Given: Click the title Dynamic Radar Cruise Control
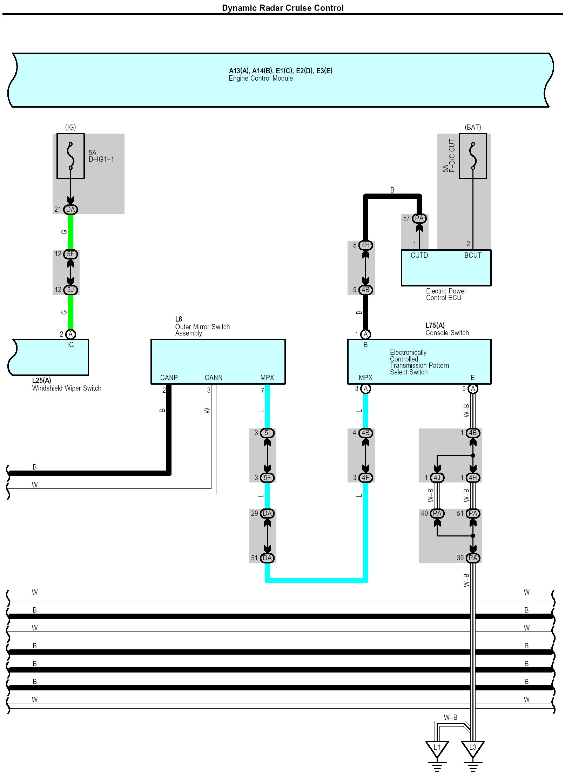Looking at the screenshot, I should click(x=283, y=8).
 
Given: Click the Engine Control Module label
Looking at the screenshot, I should click(x=261, y=78).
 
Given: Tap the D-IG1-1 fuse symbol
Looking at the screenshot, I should click(x=70, y=156).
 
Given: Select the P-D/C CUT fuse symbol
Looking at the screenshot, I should click(x=473, y=156).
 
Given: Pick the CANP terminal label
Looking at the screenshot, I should click(x=169, y=378).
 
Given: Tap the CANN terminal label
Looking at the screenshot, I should click(x=214, y=378).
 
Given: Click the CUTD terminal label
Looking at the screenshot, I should click(x=419, y=255).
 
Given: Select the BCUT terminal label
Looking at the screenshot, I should click(x=473, y=255).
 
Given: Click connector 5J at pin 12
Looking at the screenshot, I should click(x=70, y=290).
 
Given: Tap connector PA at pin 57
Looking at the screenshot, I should click(x=419, y=218).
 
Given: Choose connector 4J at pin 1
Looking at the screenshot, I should click(x=437, y=478).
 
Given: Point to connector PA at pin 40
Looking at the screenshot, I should click(x=437, y=513).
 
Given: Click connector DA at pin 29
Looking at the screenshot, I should click(x=267, y=513).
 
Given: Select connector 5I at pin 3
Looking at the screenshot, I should click(x=267, y=433).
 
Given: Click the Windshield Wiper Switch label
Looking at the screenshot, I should click(x=67, y=388).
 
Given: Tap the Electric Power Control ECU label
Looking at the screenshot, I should click(x=446, y=294).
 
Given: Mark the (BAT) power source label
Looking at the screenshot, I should click(x=473, y=127).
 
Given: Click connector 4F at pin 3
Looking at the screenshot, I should click(x=365, y=478).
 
